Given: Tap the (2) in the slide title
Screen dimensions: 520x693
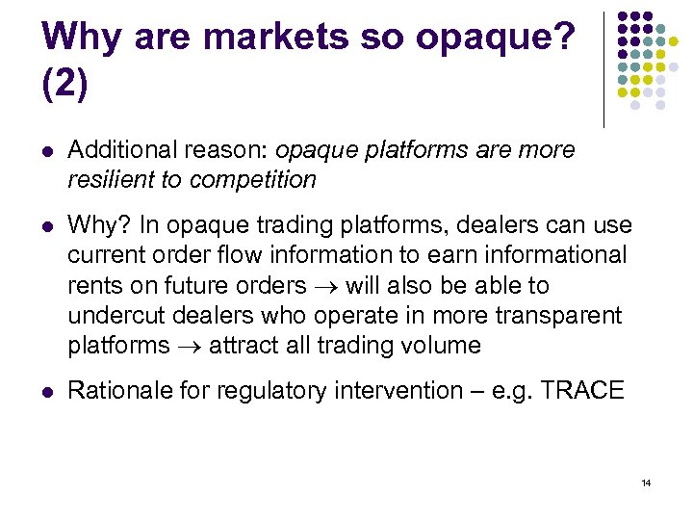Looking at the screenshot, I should [x=65, y=84].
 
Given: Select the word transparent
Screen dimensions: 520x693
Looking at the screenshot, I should [x=563, y=316].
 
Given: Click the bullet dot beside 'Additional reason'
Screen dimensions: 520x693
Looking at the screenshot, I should [x=47, y=151].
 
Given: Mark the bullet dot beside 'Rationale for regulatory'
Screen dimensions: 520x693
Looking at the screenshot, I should [x=47, y=392].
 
